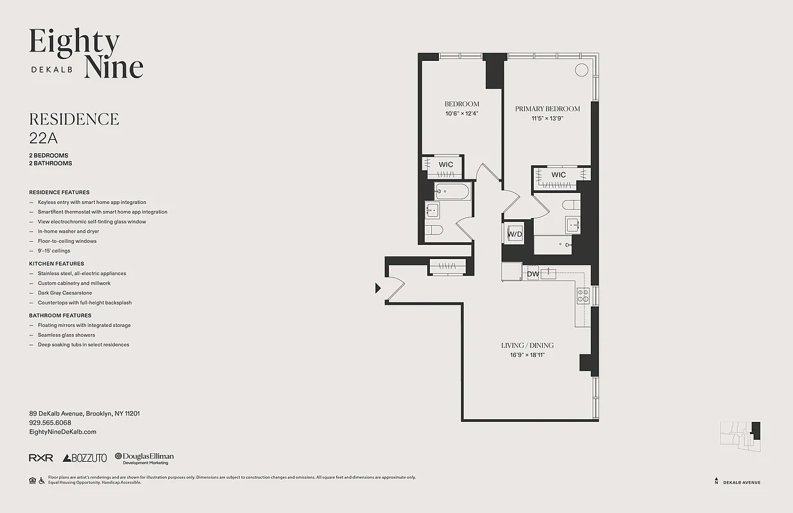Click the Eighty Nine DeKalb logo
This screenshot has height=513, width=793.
pos(86,54)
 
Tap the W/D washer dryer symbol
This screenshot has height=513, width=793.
pos(515,235)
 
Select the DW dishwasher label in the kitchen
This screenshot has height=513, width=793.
pos(533,274)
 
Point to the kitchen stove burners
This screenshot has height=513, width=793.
pos(583,296)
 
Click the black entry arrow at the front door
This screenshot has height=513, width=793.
pos(379,289)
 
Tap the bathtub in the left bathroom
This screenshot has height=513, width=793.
pos(452,190)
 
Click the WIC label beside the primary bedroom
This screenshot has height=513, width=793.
pos(558,175)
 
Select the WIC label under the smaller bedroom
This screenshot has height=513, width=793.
pos(446,165)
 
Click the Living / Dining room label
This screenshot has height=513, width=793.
pos(527,346)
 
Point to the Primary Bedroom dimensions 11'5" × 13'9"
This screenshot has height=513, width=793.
pos(547,119)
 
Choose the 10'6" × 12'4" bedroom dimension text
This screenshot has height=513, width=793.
pos(462,114)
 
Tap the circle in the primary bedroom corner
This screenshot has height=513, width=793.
pos(581,70)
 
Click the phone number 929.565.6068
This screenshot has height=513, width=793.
pos(50,423)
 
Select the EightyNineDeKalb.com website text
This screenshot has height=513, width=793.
pos(62,432)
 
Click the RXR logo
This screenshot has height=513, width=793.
pos(40,458)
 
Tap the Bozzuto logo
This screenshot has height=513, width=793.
pos(85,458)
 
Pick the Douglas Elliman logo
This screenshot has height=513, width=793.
pos(144,458)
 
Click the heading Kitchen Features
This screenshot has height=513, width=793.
pos(56,264)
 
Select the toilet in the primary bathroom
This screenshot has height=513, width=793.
pos(570,205)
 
